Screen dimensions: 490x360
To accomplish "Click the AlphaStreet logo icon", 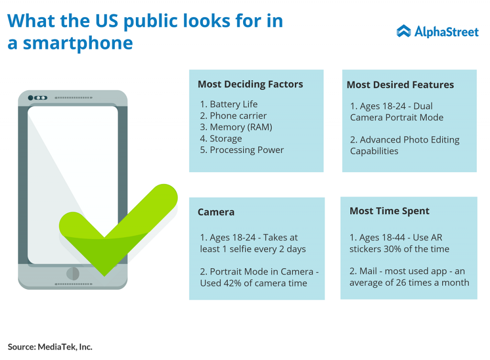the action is tap(403, 31).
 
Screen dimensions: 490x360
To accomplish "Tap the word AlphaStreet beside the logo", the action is tap(446, 32).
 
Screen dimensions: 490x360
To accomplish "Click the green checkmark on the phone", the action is tap(119, 230).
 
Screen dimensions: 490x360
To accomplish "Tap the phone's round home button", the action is tap(73, 273).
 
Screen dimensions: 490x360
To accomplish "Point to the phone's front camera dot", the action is tap(31, 98).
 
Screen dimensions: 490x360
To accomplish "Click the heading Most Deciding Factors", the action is tap(250, 84).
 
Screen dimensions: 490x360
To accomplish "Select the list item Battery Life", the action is tap(234, 104).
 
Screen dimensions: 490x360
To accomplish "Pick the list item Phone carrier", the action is tap(238, 116).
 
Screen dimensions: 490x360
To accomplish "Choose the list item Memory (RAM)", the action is tap(241, 127).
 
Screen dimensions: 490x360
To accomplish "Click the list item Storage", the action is tap(226, 138).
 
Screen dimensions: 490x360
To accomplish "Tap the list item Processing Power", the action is tap(246, 150).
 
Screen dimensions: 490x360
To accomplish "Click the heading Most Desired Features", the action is tap(401, 85).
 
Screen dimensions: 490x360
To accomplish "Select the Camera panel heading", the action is tap(216, 212).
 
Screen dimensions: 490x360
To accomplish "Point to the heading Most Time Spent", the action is tap(390, 211).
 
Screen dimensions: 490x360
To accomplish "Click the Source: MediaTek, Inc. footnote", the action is tap(50, 347).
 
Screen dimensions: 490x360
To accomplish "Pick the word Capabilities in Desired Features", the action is tap(374, 151).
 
